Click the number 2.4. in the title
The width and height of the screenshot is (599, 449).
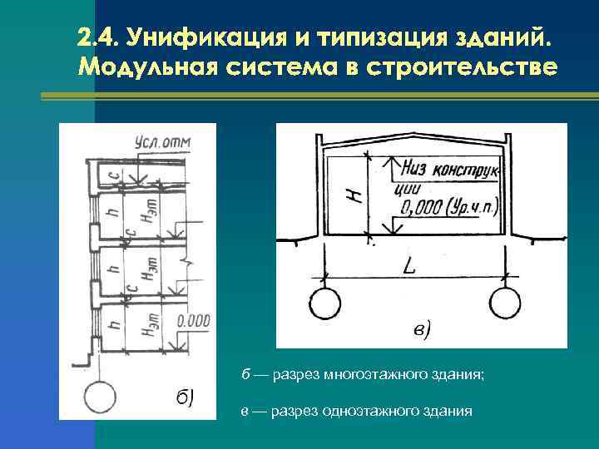click(x=99, y=39)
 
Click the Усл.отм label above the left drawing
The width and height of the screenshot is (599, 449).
click(x=162, y=143)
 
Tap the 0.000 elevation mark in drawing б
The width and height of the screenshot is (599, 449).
click(x=194, y=319)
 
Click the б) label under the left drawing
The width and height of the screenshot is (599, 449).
click(x=185, y=397)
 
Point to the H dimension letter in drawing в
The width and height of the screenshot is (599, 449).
click(x=355, y=197)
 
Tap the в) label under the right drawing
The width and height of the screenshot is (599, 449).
click(x=422, y=330)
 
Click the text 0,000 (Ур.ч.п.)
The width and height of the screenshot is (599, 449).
click(x=448, y=204)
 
